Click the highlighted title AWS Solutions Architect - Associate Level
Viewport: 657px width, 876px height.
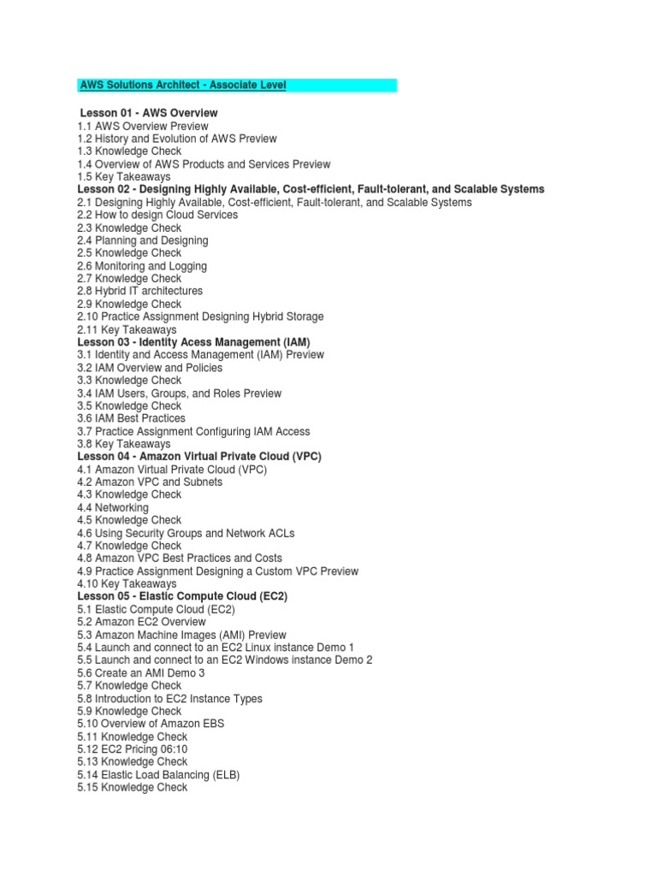click(x=183, y=86)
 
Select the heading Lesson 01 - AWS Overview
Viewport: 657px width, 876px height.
click(x=148, y=113)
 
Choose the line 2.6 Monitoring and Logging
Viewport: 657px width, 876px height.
click(x=142, y=266)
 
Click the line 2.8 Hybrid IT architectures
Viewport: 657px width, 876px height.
click(x=140, y=291)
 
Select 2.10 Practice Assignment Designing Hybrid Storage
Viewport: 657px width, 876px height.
click(x=200, y=317)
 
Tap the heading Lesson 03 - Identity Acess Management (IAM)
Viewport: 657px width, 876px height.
click(x=193, y=342)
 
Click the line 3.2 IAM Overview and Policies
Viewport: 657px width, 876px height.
click(x=150, y=368)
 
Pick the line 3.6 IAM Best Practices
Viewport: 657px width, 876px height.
click(x=131, y=418)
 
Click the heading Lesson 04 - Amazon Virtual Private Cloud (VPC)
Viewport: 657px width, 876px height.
click(x=199, y=457)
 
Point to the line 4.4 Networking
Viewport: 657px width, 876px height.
click(x=113, y=507)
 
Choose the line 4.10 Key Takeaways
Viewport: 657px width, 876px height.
click(x=127, y=583)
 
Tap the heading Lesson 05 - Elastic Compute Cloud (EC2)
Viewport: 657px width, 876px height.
click(x=182, y=596)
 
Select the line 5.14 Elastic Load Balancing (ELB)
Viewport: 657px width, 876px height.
click(x=158, y=775)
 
